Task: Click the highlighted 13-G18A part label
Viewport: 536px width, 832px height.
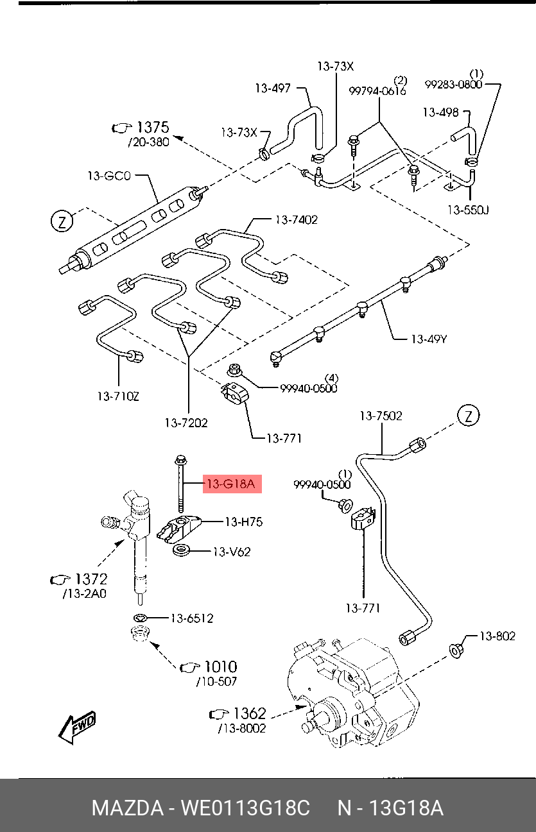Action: pyautogui.click(x=230, y=484)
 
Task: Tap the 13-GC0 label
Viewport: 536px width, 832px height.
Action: pyautogui.click(x=109, y=175)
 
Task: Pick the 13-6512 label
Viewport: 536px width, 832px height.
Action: pyautogui.click(x=191, y=618)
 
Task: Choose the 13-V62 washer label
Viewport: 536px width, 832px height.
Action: pyautogui.click(x=231, y=551)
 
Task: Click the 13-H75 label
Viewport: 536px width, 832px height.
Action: pyautogui.click(x=243, y=522)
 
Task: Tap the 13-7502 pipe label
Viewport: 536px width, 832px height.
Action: pyautogui.click(x=381, y=416)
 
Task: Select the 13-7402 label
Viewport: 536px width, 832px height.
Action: pyautogui.click(x=296, y=219)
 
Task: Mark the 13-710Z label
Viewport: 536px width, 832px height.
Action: pyautogui.click(x=118, y=396)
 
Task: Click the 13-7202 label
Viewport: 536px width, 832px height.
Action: pyautogui.click(x=186, y=423)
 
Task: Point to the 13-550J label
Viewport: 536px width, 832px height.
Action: pyautogui.click(x=468, y=209)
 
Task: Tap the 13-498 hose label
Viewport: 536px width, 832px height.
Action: pyautogui.click(x=440, y=112)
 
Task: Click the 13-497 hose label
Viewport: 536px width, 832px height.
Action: pyautogui.click(x=272, y=88)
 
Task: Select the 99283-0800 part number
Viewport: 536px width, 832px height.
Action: pyautogui.click(x=453, y=84)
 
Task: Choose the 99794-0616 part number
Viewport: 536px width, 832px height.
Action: pyautogui.click(x=377, y=91)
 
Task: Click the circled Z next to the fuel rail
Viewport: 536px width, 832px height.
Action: pyautogui.click(x=62, y=221)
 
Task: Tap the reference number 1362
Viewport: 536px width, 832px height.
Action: pyautogui.click(x=249, y=713)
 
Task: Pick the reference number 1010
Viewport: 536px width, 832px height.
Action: pyautogui.click(x=220, y=666)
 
